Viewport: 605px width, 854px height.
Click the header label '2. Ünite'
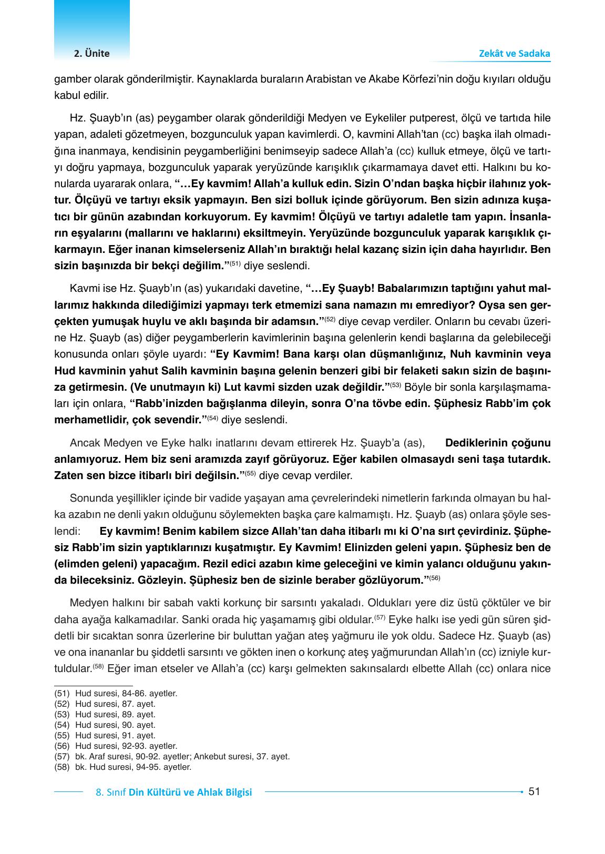coord(91,54)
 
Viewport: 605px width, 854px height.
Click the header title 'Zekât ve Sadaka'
coord(515,54)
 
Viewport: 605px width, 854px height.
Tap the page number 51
coord(534,791)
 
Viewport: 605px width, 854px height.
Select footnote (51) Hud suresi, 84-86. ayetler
coord(116,693)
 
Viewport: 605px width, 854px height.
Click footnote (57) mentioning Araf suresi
coord(172,756)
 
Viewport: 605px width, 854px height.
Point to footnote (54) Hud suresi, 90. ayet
coord(105,725)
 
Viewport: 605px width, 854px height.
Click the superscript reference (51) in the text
coord(234,263)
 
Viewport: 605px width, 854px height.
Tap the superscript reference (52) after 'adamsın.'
coord(330,318)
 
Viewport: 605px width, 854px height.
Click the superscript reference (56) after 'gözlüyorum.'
coord(434,578)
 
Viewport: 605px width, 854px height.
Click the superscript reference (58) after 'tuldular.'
coord(98,667)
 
